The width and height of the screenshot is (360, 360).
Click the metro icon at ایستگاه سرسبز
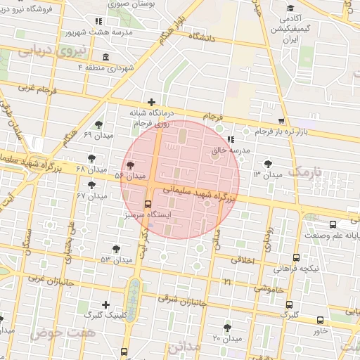point(147,204)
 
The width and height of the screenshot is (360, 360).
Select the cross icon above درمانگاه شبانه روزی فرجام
point(151,103)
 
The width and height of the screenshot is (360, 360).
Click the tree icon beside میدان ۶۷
point(91,185)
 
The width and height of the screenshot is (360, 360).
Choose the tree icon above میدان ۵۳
point(116,249)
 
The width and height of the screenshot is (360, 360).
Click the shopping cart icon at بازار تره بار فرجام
point(281,121)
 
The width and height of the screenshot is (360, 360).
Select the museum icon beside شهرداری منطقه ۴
point(105,57)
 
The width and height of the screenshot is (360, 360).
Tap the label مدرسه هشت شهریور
point(92,32)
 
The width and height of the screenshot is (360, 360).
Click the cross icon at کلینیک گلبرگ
point(105,305)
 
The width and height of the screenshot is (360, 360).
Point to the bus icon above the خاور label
point(321,320)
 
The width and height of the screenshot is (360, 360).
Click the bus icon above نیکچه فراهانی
point(296,258)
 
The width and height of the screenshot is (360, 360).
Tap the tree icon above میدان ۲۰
point(226,327)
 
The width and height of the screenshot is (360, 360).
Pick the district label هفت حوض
point(52,330)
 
